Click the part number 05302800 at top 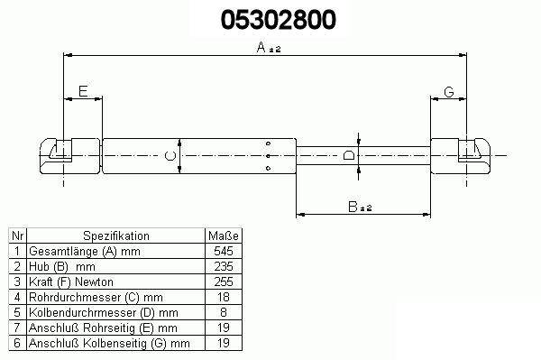278,20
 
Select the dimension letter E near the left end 83,91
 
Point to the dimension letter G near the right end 449,92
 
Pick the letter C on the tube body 170,156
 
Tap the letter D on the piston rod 349,155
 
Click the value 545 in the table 224,251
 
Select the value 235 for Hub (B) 224,266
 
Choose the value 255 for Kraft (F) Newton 224,282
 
